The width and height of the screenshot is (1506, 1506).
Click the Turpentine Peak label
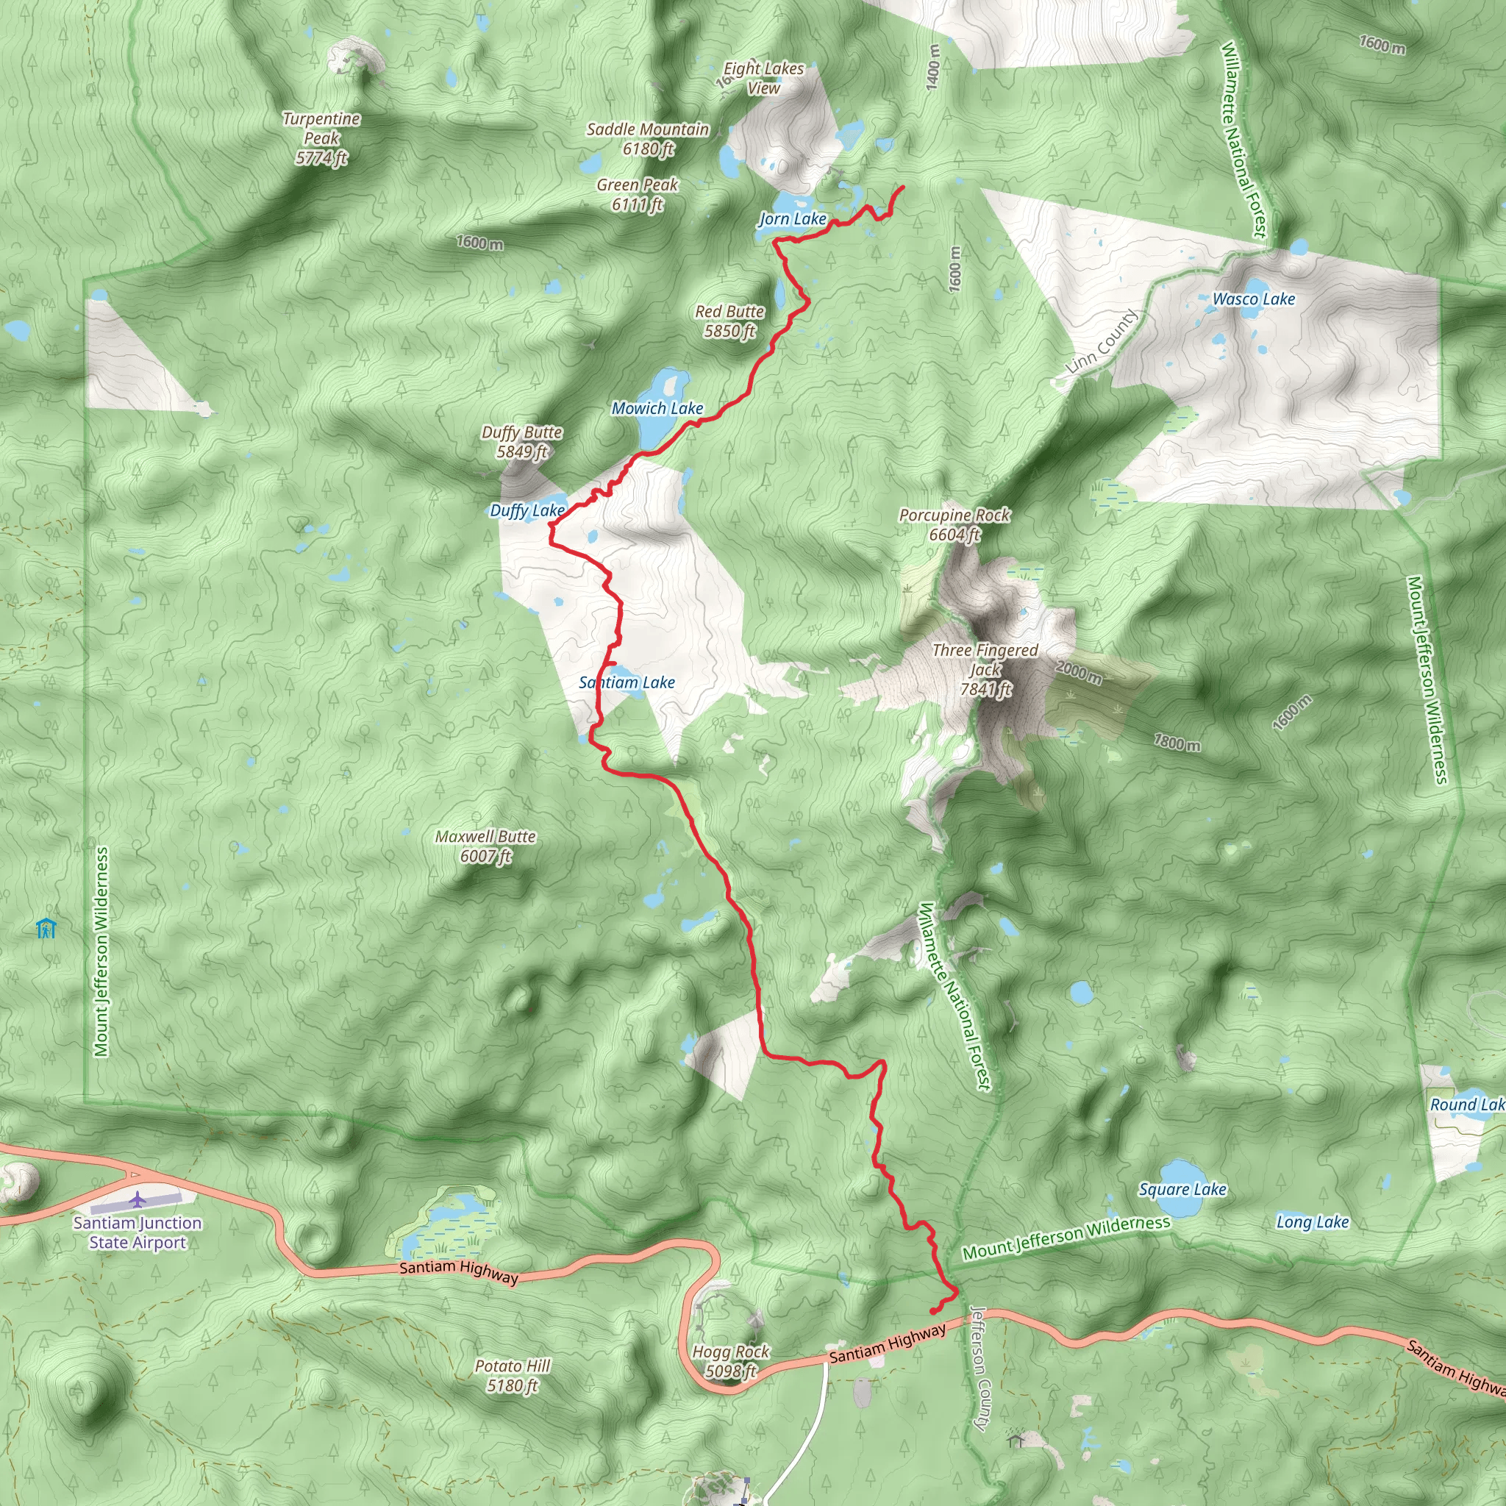coord(321,138)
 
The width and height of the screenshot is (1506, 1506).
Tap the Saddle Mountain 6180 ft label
coord(648,139)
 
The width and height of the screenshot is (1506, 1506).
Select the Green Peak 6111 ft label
coord(637,194)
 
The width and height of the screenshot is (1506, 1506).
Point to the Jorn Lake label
coord(793,219)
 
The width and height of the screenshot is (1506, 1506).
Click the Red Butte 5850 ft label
coord(729,321)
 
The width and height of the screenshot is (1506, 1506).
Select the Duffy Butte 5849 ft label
coord(521,442)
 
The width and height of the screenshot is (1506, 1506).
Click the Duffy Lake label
coord(527,510)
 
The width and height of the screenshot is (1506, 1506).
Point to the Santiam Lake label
coord(627,682)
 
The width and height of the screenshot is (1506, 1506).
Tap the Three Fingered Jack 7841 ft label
coord(985,670)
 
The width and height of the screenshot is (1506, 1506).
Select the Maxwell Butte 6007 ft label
coord(485,846)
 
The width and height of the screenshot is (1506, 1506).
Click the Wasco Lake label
coord(1254,299)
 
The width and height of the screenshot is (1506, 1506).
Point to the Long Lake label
coord(1312,1222)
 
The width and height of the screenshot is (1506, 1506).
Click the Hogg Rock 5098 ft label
coord(730,1361)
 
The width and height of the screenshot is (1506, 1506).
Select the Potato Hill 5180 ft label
coord(512,1376)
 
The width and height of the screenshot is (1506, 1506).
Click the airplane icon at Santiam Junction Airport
coord(138,1198)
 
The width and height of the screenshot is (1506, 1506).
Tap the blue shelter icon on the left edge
coord(47,929)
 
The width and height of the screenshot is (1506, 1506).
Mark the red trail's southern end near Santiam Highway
coord(933,1311)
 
